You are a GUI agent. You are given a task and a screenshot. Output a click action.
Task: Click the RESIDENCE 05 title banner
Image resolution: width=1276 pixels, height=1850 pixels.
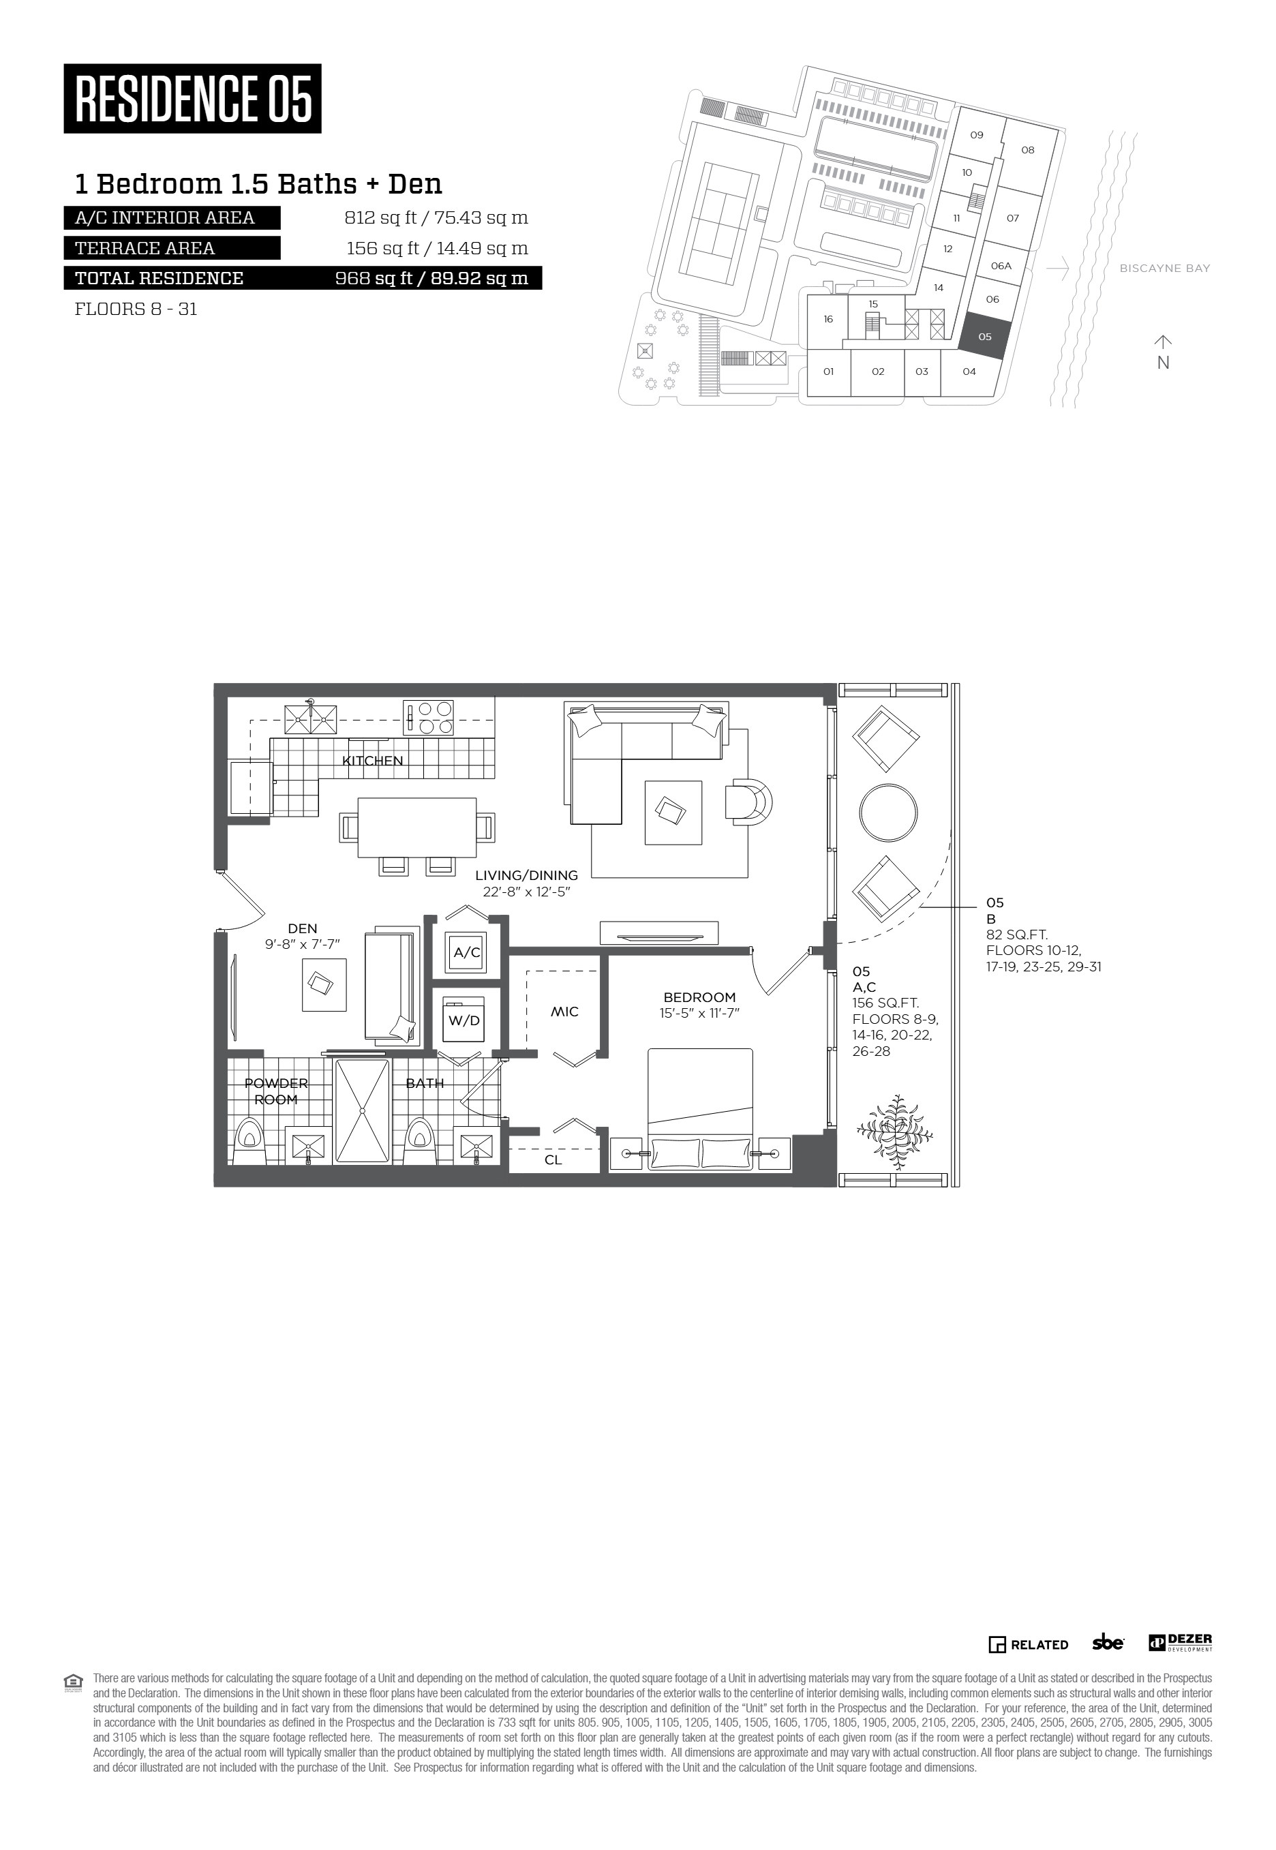[x=193, y=98]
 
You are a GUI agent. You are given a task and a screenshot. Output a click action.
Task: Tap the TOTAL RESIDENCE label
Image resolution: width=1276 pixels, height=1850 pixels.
[x=159, y=278]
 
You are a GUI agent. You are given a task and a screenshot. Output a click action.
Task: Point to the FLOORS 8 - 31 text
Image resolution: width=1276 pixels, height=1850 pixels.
[x=136, y=309]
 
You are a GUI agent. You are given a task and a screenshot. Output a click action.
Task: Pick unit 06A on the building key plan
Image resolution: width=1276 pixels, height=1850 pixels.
[x=1001, y=265]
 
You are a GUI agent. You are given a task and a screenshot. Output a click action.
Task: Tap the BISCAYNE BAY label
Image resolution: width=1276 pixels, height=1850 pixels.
[x=1165, y=269]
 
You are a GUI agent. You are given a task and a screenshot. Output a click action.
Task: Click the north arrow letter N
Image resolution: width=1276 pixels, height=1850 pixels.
[x=1164, y=362]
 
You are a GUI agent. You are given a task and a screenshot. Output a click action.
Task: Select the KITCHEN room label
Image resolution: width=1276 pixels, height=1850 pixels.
[x=373, y=760]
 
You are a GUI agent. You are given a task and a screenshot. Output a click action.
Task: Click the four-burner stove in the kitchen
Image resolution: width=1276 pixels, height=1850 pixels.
[x=429, y=717]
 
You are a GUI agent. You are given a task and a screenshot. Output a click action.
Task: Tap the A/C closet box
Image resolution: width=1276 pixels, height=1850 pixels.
[x=467, y=952]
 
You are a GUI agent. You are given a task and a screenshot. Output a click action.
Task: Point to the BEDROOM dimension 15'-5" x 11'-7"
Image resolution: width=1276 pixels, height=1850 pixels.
[x=699, y=1013]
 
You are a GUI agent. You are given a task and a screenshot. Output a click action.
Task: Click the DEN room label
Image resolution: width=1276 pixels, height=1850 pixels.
[x=302, y=928]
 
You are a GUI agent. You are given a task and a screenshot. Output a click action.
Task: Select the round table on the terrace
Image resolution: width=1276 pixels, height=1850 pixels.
[x=888, y=813]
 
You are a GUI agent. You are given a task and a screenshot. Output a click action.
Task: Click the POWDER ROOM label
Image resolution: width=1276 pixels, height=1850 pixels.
[x=276, y=1091]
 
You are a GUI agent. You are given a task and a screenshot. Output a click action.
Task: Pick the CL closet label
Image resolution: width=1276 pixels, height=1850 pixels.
[x=553, y=1159]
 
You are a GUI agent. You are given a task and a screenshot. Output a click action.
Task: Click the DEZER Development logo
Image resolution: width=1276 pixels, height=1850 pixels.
[x=1181, y=1642]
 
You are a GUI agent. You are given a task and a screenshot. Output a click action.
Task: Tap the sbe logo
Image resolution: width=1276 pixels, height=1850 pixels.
[x=1108, y=1641]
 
